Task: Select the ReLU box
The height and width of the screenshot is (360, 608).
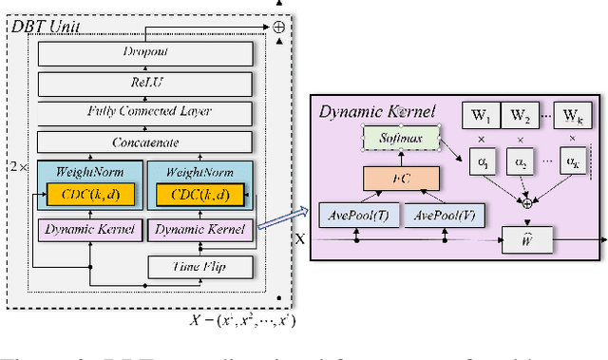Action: tap(146, 84)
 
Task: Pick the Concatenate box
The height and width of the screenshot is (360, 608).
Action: tap(146, 143)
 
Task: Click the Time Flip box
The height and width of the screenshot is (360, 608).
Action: tap(200, 267)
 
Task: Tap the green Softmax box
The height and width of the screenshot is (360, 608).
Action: tap(399, 139)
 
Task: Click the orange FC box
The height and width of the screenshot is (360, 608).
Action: tap(399, 178)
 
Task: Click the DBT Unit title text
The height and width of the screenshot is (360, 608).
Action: tap(42, 26)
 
